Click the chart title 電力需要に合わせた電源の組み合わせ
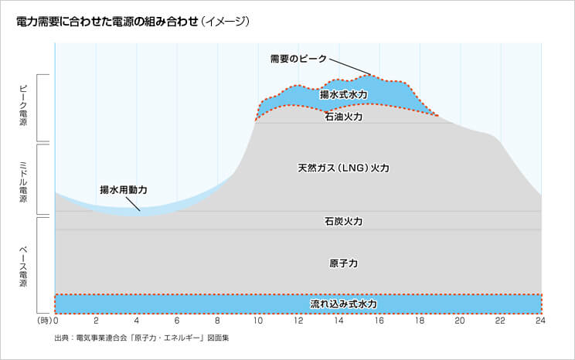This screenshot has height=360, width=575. [104, 22]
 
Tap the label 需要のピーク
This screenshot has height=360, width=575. [298, 59]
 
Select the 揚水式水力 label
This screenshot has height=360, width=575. [343, 94]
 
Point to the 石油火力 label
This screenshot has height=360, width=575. [343, 117]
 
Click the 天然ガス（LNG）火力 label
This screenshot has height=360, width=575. [343, 168]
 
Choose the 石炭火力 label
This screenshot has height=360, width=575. [343, 221]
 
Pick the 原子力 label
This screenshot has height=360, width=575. [343, 263]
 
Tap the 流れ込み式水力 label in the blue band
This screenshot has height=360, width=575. [343, 304]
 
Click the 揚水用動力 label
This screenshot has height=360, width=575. [123, 189]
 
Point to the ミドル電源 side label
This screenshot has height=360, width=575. [22, 180]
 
